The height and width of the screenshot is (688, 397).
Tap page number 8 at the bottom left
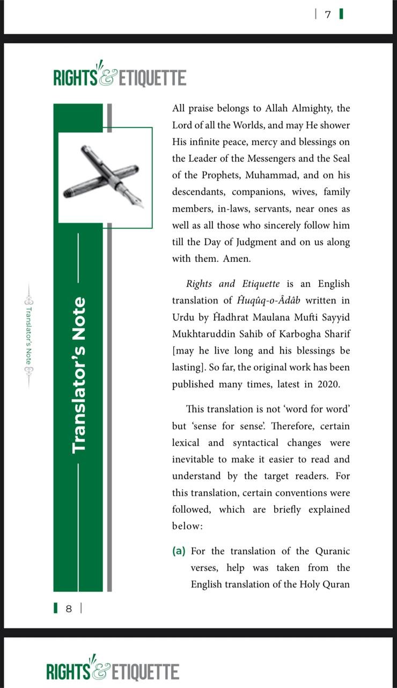(69, 608)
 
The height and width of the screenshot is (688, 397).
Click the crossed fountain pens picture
(105, 177)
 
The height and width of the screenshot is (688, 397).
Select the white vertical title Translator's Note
(78, 375)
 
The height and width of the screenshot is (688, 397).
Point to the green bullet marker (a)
(179, 551)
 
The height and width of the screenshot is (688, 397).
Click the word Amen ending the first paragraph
(237, 259)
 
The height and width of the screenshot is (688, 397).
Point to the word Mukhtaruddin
(202, 334)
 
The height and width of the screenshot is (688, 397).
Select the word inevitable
(194, 460)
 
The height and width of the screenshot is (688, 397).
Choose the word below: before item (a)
(187, 526)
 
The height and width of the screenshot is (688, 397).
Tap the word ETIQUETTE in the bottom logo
(145, 672)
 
